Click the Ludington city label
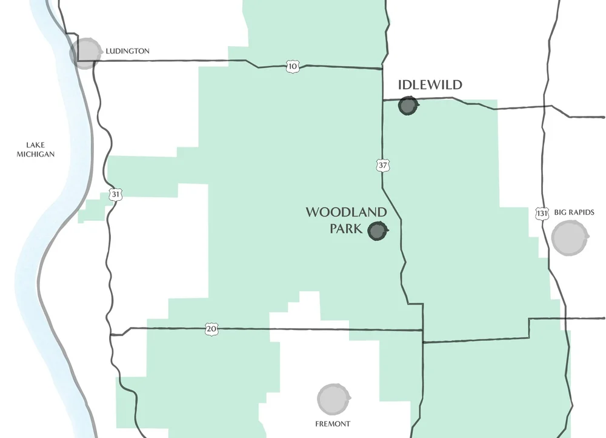coord(127,51)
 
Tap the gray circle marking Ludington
coord(85,53)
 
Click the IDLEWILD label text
coord(430,85)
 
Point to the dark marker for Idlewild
coord(408,106)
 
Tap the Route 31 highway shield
coord(115,195)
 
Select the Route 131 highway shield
coord(542,214)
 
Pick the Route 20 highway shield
coord(210,329)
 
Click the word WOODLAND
coord(346,212)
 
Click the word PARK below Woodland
coord(346,229)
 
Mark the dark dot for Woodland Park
coord(378,231)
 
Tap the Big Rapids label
coord(574,212)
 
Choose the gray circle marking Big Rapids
coord(570,238)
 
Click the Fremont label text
coord(333,423)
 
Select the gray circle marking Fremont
coord(333,399)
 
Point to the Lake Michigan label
coord(40,149)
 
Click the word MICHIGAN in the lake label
coord(40,154)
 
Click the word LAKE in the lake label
coord(36,144)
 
